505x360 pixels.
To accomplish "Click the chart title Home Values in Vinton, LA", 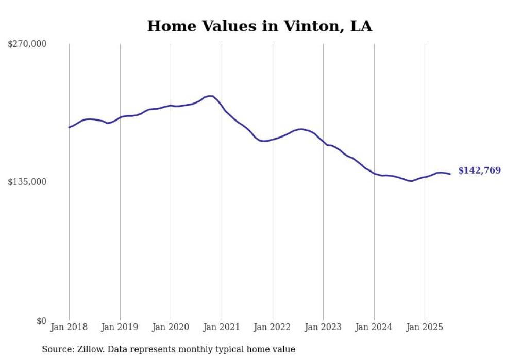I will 260,26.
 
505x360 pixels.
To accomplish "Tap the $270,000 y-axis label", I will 27,44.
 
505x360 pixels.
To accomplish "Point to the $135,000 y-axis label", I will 27,182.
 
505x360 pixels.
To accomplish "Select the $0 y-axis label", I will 41,321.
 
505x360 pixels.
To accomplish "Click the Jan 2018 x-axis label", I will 69,327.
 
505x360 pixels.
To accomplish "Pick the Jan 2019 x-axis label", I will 120,327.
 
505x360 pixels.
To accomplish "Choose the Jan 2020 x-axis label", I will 171,327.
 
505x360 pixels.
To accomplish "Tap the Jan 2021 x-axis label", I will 222,327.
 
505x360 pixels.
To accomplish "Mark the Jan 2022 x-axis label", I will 273,327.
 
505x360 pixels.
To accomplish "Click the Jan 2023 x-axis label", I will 323,327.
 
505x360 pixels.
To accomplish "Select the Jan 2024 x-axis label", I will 374,327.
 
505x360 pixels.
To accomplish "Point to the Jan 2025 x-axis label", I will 425,327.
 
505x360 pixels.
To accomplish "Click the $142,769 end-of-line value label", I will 479,170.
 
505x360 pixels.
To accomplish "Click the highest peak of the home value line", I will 210,96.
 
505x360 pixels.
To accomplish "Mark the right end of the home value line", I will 450,174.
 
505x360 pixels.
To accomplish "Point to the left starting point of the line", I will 69,127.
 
